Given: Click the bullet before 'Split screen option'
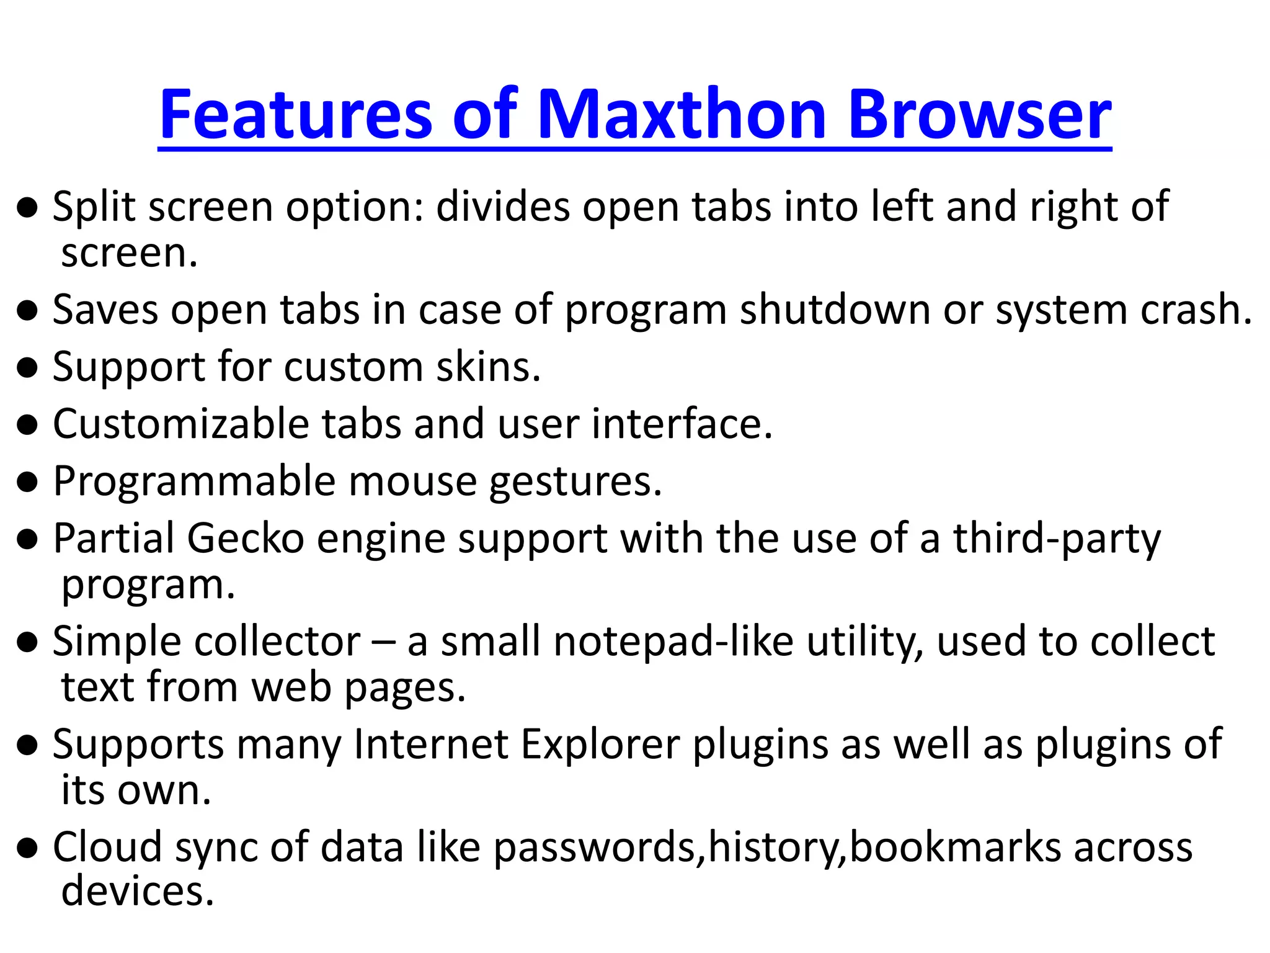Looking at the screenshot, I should [x=27, y=209].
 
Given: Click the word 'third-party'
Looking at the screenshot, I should [x=1057, y=539].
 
